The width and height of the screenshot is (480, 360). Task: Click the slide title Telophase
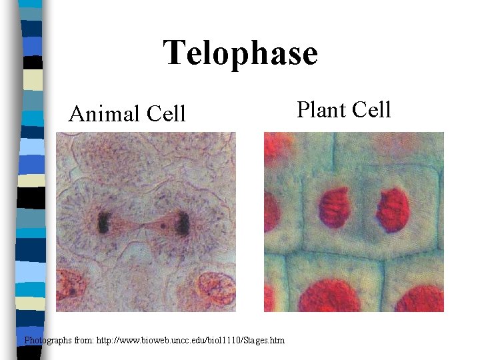tap(241, 53)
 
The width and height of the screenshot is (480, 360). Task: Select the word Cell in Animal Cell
tap(166, 114)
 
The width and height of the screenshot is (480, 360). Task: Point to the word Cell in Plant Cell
tap(372, 109)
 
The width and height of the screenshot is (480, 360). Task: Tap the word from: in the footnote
tap(89, 341)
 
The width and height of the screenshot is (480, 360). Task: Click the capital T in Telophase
tap(175, 53)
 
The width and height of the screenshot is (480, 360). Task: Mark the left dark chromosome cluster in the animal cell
tap(104, 222)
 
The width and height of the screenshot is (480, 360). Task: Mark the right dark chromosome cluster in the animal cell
tap(181, 223)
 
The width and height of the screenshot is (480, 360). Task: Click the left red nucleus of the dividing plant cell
tap(334, 207)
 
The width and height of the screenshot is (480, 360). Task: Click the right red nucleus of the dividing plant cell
tap(393, 209)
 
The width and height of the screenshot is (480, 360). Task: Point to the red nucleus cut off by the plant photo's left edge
tap(271, 212)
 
